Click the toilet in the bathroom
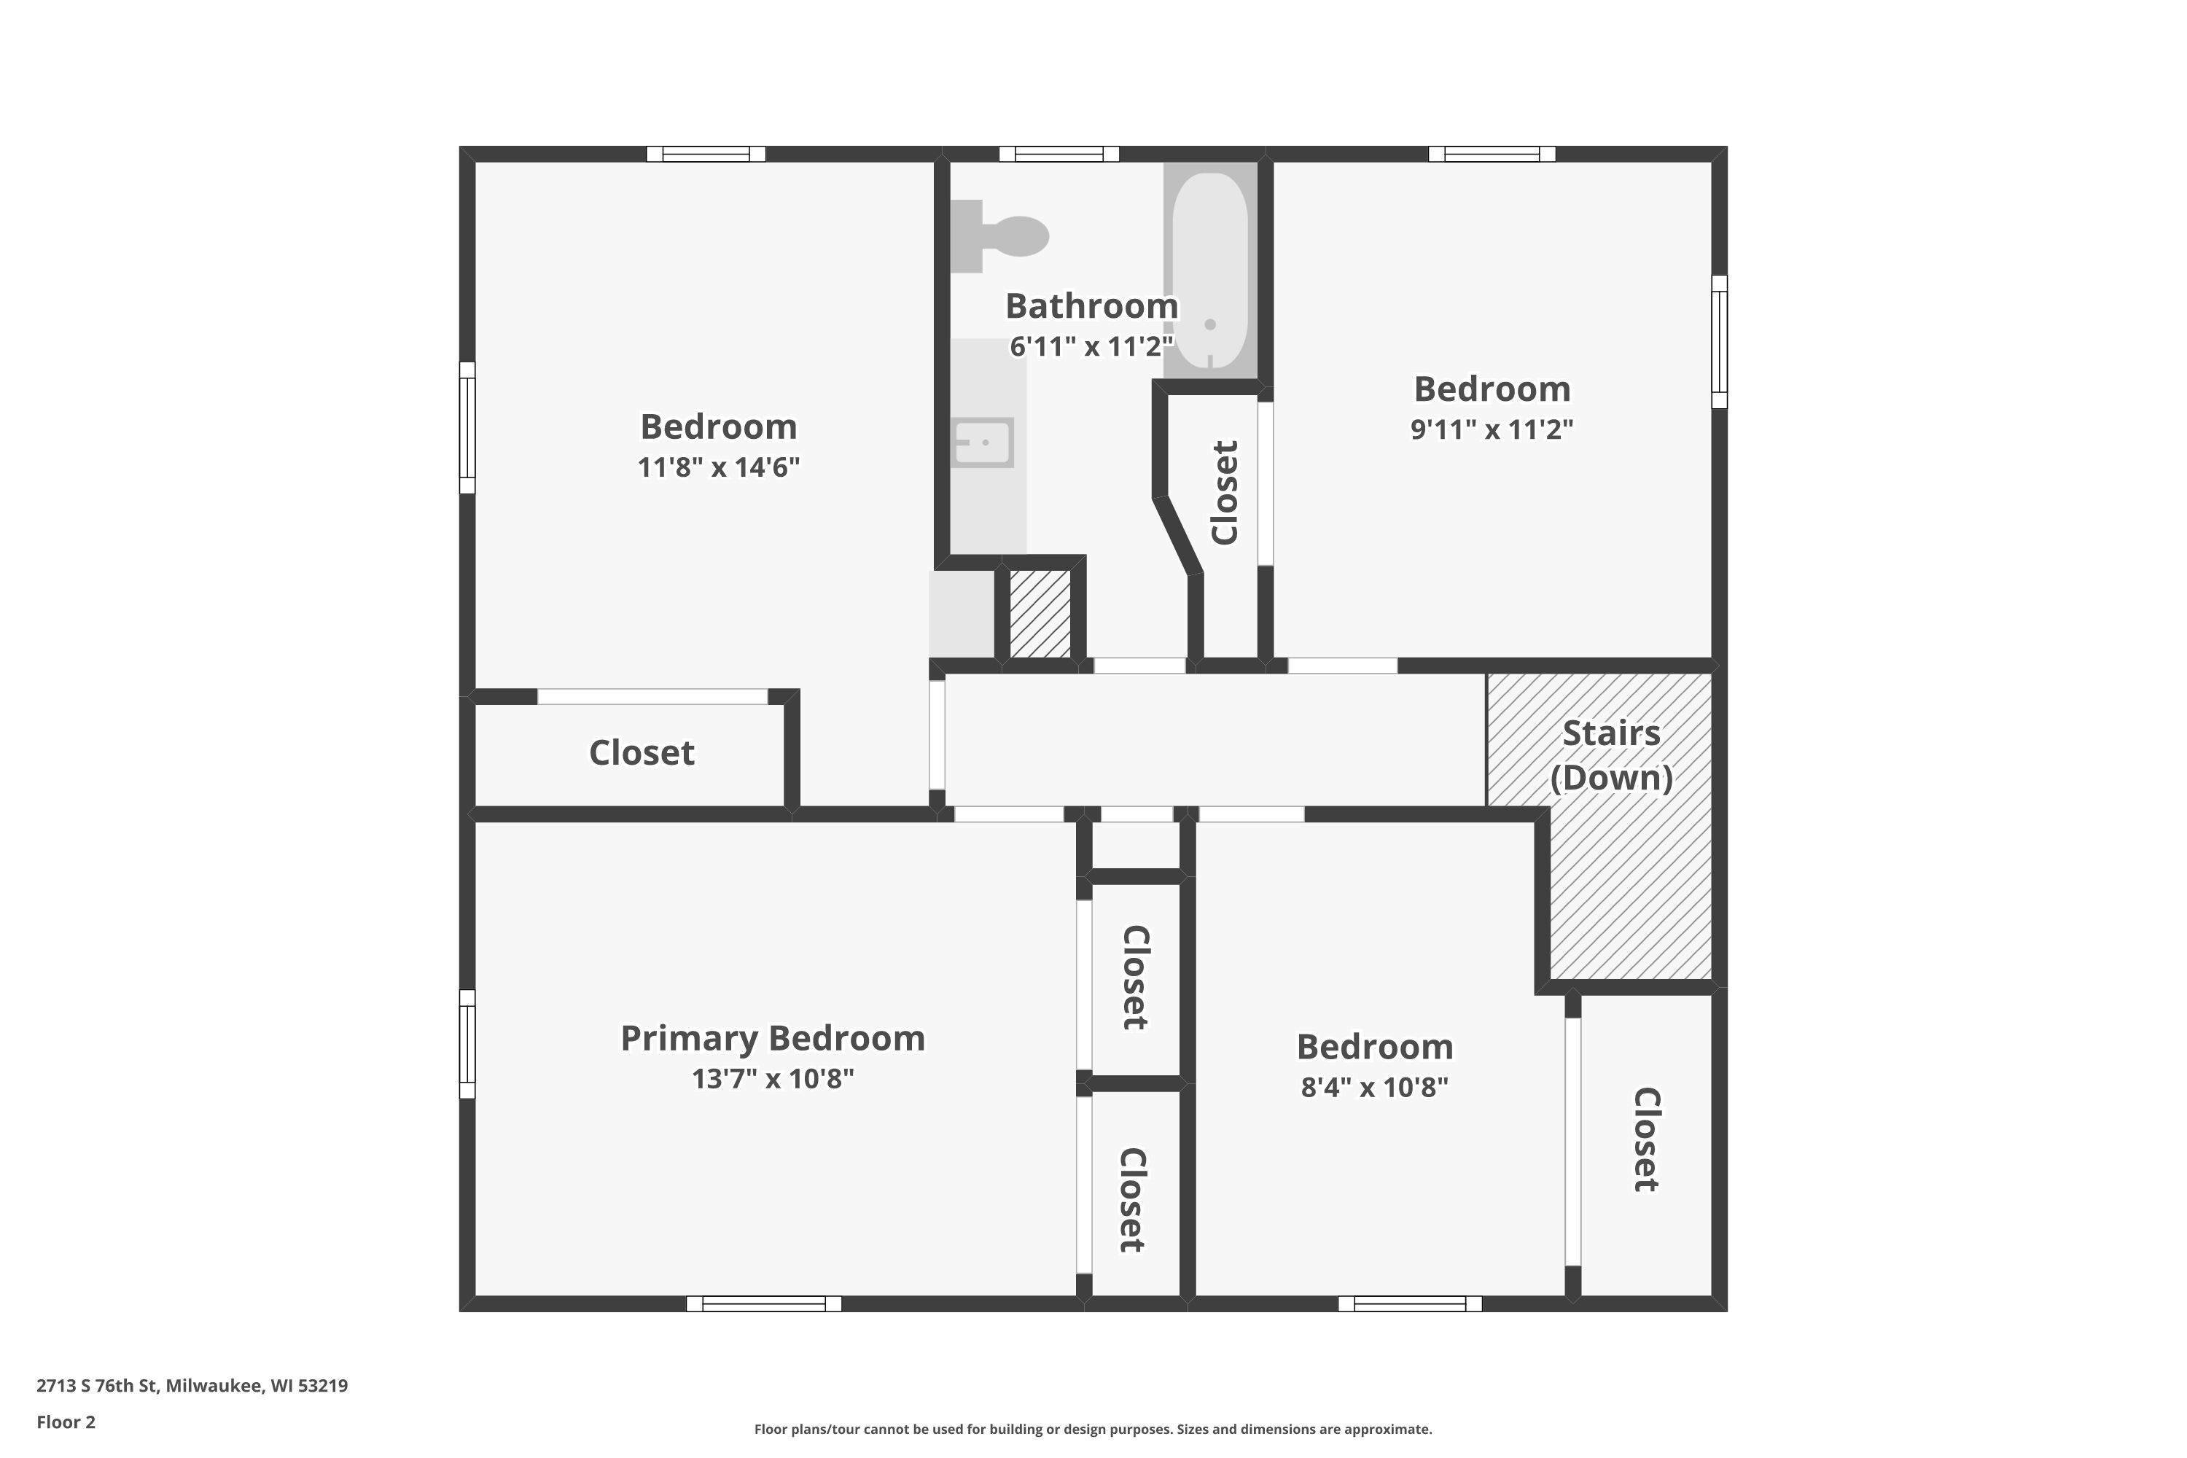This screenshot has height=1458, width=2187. (x=999, y=236)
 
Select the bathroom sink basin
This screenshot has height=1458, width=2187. (x=983, y=443)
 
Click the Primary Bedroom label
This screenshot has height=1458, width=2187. (x=773, y=1037)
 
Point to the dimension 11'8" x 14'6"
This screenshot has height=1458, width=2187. (x=718, y=467)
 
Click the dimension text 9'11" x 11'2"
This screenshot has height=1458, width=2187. (x=1492, y=429)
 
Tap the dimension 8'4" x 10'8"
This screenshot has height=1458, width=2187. (x=1374, y=1087)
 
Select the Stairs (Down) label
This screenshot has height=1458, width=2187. (x=1611, y=755)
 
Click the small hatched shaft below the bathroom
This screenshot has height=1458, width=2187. (x=1040, y=614)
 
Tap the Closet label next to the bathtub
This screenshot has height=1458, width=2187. (x=1225, y=493)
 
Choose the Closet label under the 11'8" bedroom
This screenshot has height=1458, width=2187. (x=642, y=753)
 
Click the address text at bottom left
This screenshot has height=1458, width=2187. (x=192, y=1386)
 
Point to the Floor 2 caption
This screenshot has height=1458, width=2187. (x=66, y=1422)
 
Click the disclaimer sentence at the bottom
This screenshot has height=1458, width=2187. (x=1093, y=1429)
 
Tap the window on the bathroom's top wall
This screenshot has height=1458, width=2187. (x=1059, y=155)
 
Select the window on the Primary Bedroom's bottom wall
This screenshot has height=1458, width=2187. (x=763, y=1303)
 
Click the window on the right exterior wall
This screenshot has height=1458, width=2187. (x=1720, y=341)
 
